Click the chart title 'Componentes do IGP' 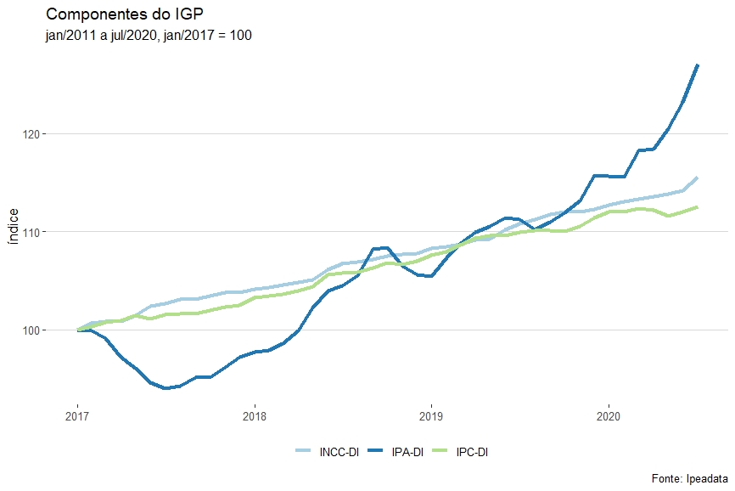[x=124, y=14]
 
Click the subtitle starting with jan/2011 [x=149, y=36]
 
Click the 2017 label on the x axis [x=77, y=416]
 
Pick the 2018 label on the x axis [x=255, y=416]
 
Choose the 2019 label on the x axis [x=431, y=416]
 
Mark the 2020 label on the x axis [x=609, y=416]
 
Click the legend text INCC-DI [x=339, y=452]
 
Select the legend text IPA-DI [x=407, y=452]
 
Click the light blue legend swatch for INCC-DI [x=304, y=452]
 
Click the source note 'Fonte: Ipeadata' [x=689, y=478]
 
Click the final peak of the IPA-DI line [x=697, y=65]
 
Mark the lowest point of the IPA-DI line [x=166, y=388]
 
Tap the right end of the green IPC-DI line [x=697, y=207]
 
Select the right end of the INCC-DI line [x=697, y=178]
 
